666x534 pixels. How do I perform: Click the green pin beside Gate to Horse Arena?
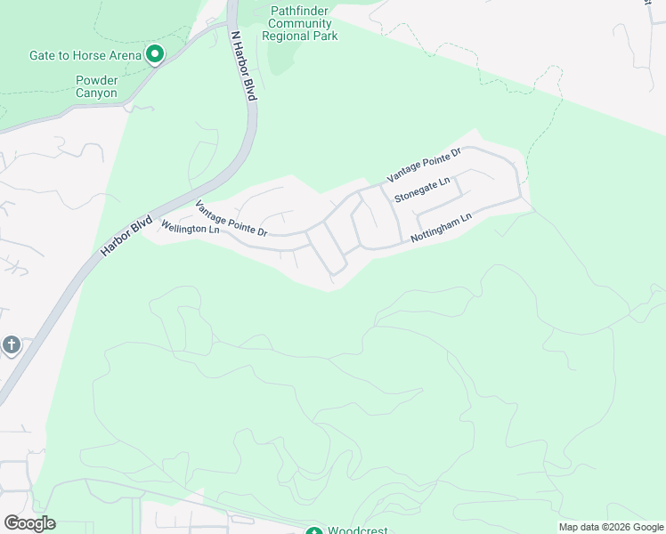click(x=154, y=55)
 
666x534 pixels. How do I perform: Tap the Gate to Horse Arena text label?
click(x=85, y=55)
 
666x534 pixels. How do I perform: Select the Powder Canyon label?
click(x=96, y=86)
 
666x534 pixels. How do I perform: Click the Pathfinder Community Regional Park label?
click(x=299, y=23)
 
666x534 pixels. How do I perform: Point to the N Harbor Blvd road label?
click(x=243, y=67)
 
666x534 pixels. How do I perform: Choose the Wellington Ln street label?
click(x=190, y=228)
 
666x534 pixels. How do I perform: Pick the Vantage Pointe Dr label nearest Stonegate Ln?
click(x=423, y=166)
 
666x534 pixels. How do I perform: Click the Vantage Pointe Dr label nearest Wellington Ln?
click(x=231, y=218)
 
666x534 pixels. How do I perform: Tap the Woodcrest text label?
click(x=358, y=530)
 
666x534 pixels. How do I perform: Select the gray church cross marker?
click(x=12, y=345)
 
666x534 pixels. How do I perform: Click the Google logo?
click(x=29, y=523)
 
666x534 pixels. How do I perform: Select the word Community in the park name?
click(x=299, y=23)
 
